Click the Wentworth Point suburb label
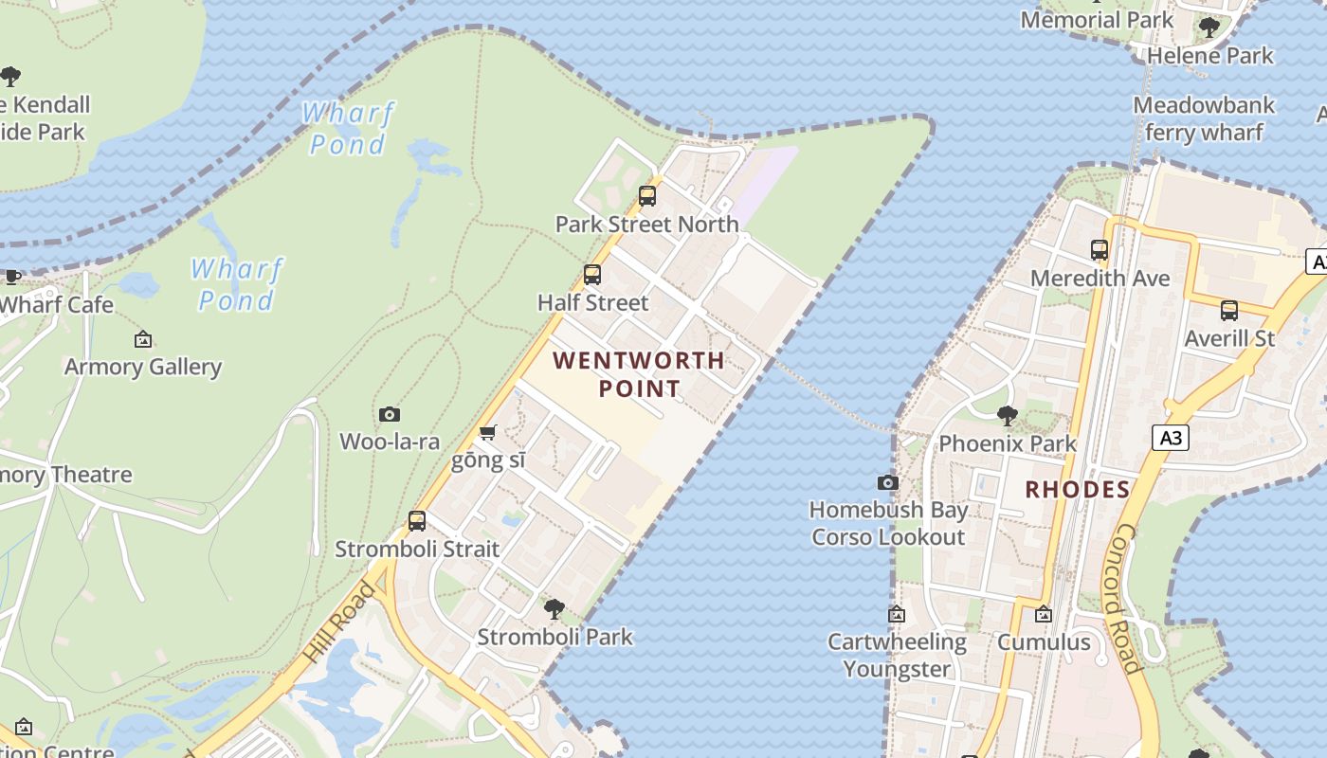point(639,374)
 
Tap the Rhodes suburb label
point(1078,490)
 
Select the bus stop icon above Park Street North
point(647,196)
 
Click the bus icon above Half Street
point(592,275)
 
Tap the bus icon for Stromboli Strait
point(417,520)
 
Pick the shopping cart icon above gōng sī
point(487,433)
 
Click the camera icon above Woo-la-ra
point(390,414)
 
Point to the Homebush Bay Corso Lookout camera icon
point(887,482)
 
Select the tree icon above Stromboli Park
point(554,608)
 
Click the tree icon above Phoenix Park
point(1007,415)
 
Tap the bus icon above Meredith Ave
point(1100,250)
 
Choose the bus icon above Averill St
point(1229,310)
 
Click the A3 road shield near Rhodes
point(1172,437)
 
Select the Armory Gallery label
point(143,367)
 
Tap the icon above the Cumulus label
point(1044,614)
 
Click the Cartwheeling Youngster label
point(897,655)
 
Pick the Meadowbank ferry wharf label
point(1204,118)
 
